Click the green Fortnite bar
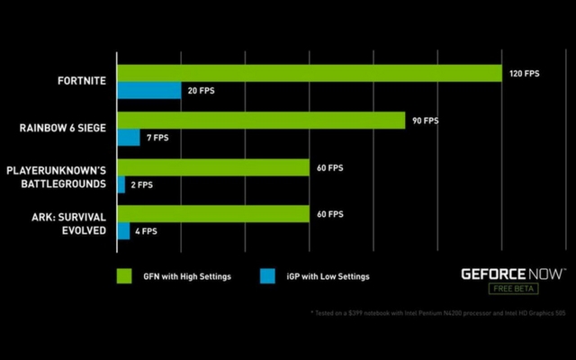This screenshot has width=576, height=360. pyautogui.click(x=309, y=73)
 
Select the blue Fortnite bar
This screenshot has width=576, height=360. pyautogui.click(x=148, y=90)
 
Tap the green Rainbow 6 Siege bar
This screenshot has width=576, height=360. pyautogui.click(x=261, y=120)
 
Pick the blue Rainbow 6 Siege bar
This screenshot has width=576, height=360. pyautogui.click(x=129, y=137)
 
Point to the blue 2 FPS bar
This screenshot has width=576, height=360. pyautogui.click(x=121, y=184)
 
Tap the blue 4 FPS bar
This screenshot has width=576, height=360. pyautogui.click(x=123, y=231)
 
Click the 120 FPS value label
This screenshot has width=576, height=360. pyautogui.click(x=524, y=73)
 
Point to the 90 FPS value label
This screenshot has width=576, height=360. pyautogui.click(x=425, y=120)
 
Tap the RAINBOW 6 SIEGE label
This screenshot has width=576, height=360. pyautogui.click(x=63, y=128)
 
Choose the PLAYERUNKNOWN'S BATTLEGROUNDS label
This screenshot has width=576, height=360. pyautogui.click(x=57, y=175)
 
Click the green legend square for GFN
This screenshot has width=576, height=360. pyautogui.click(x=123, y=275)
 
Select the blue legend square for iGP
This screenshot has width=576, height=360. pyautogui.click(x=266, y=275)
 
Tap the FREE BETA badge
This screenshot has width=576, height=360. pyautogui.click(x=513, y=288)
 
